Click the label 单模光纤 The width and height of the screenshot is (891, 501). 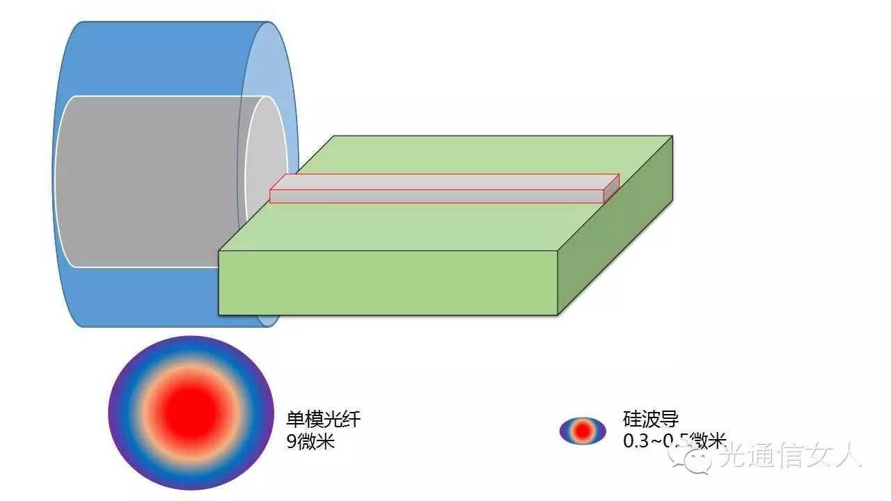pyautogui.click(x=324, y=419)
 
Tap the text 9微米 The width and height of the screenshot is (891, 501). pyautogui.click(x=310, y=441)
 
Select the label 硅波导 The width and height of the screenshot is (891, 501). pyautogui.click(x=650, y=419)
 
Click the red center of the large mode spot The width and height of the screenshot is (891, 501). pyautogui.click(x=189, y=412)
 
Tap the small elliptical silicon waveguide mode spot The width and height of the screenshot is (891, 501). pyautogui.click(x=583, y=431)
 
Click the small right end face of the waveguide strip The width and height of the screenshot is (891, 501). pyautogui.click(x=611, y=188)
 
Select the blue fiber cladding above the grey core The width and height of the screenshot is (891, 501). pyautogui.click(x=160, y=59)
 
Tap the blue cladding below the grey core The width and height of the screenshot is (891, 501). pyautogui.click(x=139, y=296)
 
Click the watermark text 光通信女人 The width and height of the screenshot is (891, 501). pyautogui.click(x=790, y=456)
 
